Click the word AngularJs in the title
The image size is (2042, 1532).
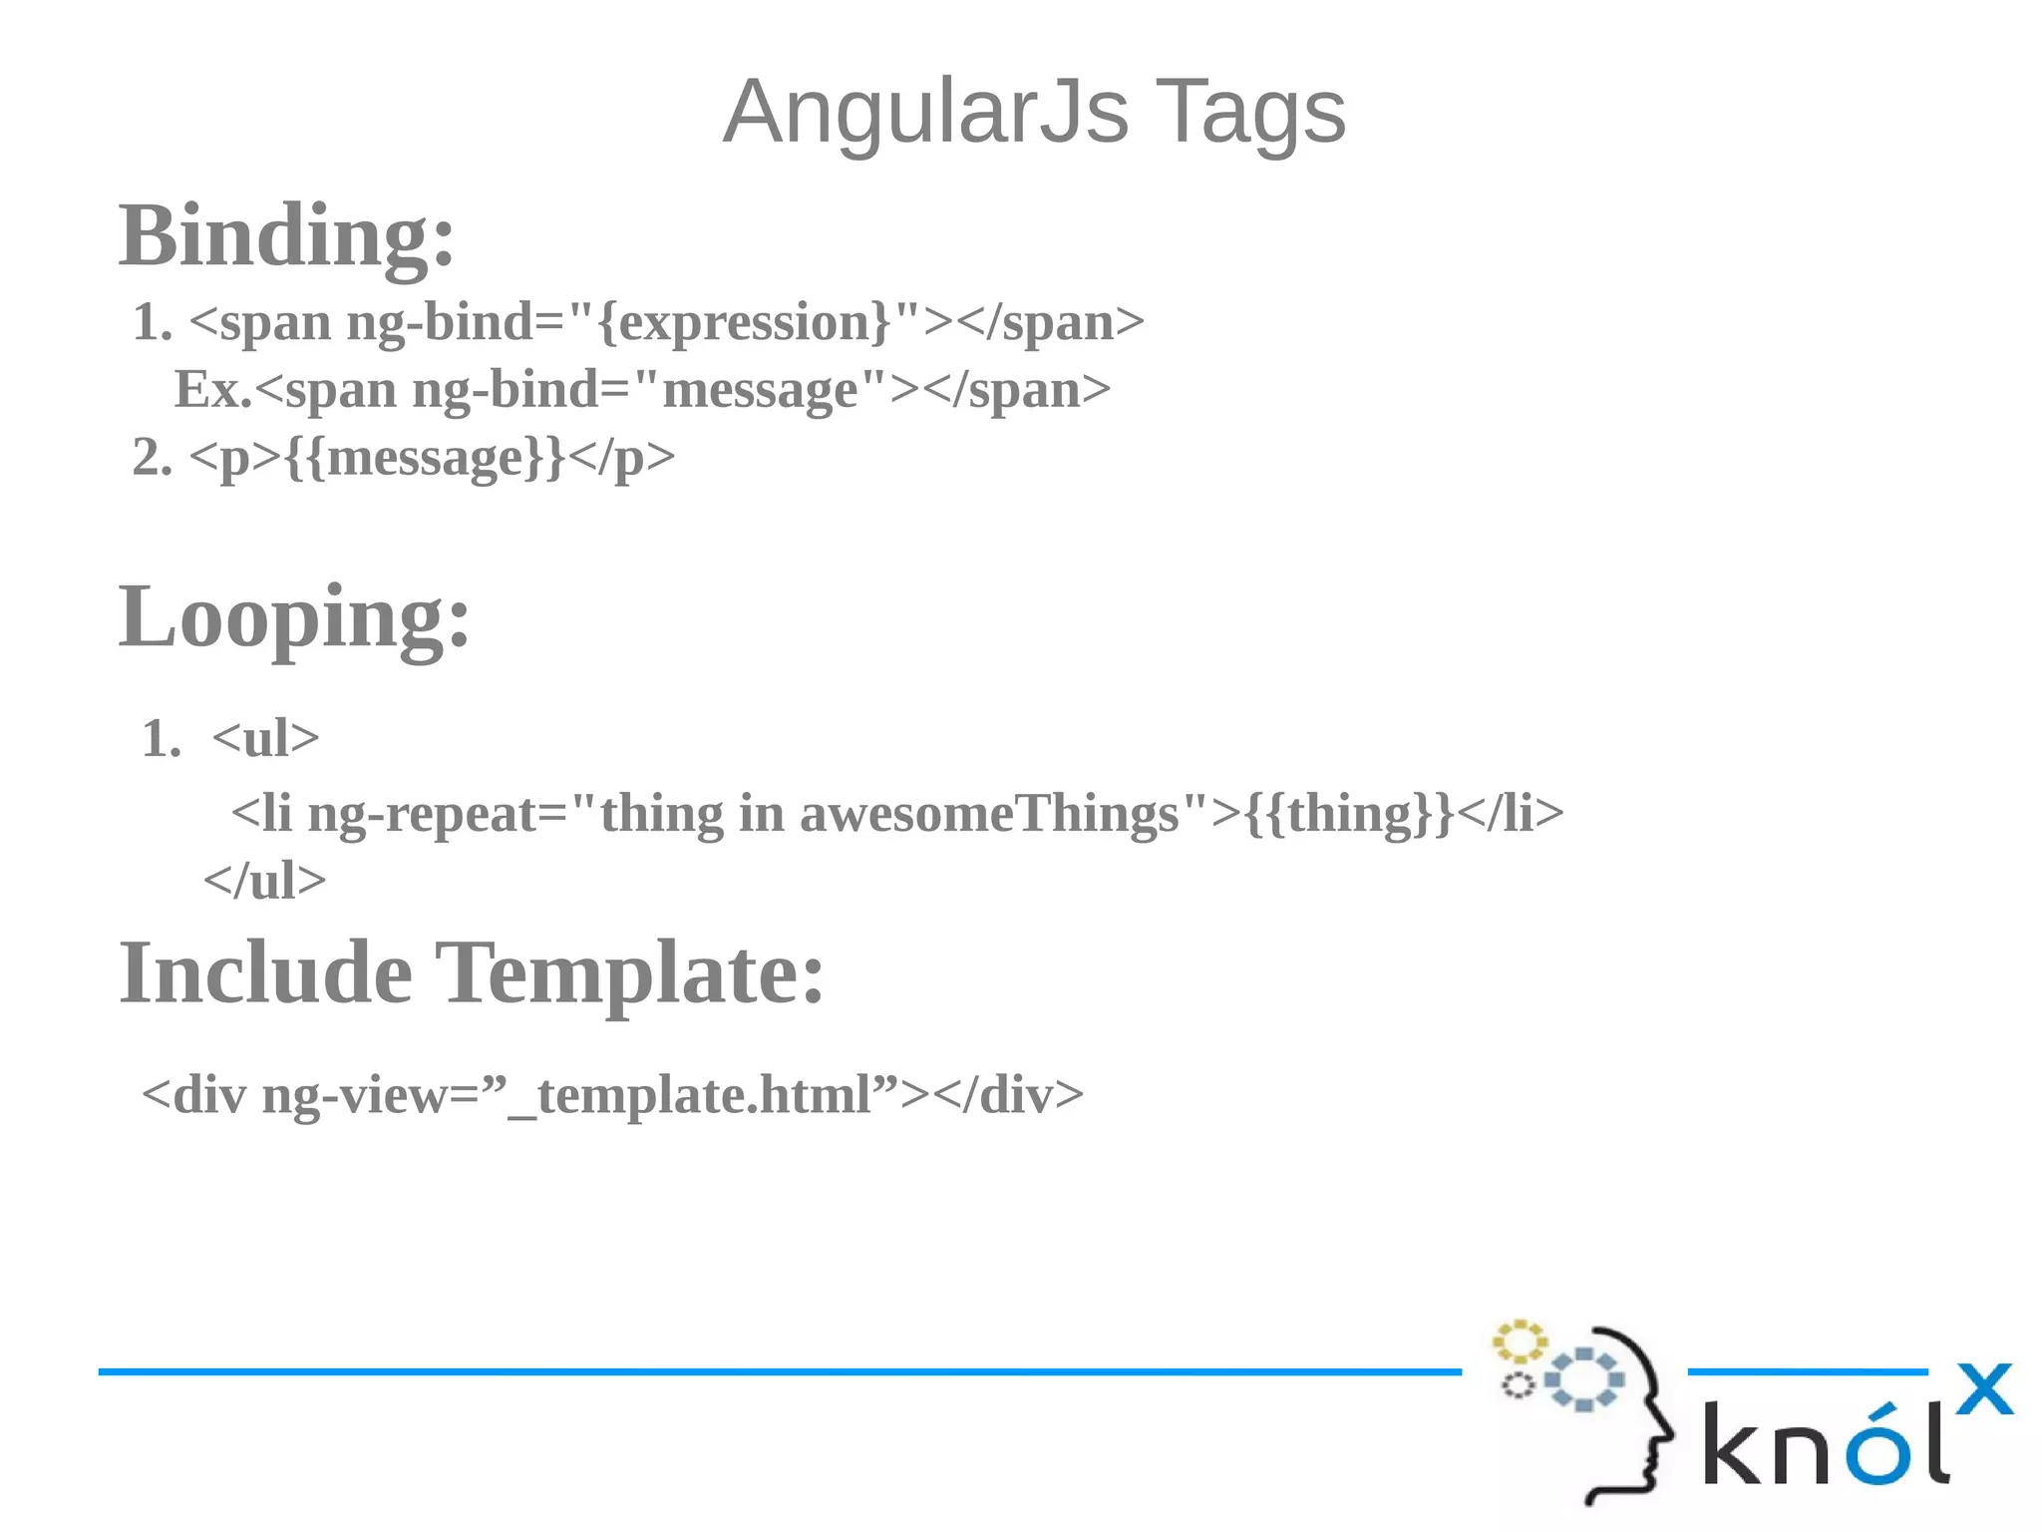point(925,112)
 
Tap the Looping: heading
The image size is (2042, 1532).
point(294,616)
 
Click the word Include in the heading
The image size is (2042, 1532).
point(265,973)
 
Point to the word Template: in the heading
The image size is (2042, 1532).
point(630,973)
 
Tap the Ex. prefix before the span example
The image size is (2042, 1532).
point(212,389)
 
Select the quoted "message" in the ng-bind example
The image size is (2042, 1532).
point(759,389)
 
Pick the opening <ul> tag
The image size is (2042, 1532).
point(265,739)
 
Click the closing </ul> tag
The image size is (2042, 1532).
point(264,881)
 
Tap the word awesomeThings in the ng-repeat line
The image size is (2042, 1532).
point(989,813)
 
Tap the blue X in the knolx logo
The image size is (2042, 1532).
point(1984,1388)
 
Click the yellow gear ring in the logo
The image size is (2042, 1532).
point(1519,1342)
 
